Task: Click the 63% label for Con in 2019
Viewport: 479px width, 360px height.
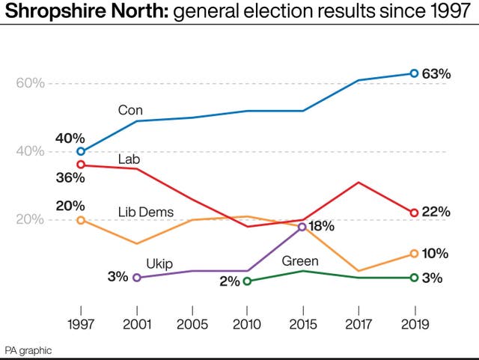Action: click(x=436, y=74)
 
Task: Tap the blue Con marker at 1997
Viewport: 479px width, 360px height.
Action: click(x=81, y=151)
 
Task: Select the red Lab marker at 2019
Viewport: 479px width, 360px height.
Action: click(x=414, y=213)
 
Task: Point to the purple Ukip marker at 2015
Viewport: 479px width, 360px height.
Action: click(x=302, y=226)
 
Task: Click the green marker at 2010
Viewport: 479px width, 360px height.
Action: click(x=247, y=281)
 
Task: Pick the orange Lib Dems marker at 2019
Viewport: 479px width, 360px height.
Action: click(x=414, y=254)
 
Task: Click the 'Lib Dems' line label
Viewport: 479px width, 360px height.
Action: click(x=146, y=212)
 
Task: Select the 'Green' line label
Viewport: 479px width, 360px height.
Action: click(x=300, y=261)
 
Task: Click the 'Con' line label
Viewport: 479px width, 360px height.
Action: click(x=130, y=110)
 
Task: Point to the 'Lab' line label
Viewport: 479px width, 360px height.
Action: click(x=129, y=159)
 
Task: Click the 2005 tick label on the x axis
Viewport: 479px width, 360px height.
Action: click(x=192, y=323)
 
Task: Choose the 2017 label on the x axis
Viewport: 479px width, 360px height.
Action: click(x=359, y=323)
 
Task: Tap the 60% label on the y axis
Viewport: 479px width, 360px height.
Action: click(x=30, y=83)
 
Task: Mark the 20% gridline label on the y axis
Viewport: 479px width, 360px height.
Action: click(x=30, y=220)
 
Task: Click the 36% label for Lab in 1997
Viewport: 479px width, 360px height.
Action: click(x=70, y=178)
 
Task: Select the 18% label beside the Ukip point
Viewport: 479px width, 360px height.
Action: click(x=323, y=226)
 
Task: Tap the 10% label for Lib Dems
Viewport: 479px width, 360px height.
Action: click(x=436, y=254)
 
